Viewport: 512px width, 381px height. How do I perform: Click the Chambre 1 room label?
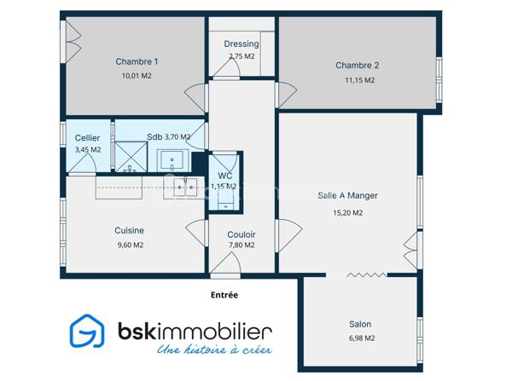137,61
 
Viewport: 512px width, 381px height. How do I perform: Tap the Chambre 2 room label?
357,66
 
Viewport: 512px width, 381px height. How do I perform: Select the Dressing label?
241,43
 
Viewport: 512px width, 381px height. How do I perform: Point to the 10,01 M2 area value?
137,76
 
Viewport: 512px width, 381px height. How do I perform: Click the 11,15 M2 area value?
359,80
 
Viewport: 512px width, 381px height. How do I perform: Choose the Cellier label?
88,138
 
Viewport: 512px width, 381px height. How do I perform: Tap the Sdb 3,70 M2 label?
168,136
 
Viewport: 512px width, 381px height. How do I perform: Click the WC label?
224,176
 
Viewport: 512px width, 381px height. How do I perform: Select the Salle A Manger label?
347,195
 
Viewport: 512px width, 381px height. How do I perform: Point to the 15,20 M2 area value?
347,213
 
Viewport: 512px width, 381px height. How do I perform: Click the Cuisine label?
130,230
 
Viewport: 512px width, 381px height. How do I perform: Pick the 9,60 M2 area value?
130,245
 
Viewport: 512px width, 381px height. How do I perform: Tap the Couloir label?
241,234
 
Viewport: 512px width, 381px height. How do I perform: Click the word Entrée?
224,295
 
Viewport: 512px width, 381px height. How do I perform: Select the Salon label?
360,324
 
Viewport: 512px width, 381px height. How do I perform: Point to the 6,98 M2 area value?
360,338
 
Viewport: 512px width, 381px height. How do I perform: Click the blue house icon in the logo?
86,333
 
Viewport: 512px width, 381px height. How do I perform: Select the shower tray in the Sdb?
131,157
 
